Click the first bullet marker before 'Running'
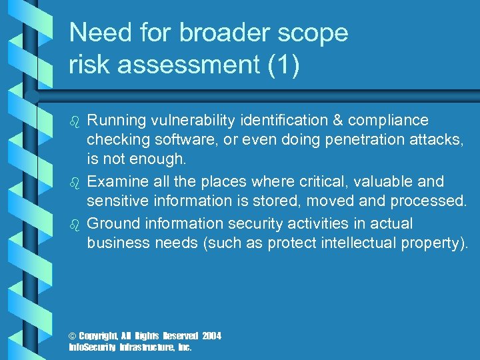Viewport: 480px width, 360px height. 75,121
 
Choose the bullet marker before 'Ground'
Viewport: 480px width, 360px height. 75,224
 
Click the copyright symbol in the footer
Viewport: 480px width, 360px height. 73,336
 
